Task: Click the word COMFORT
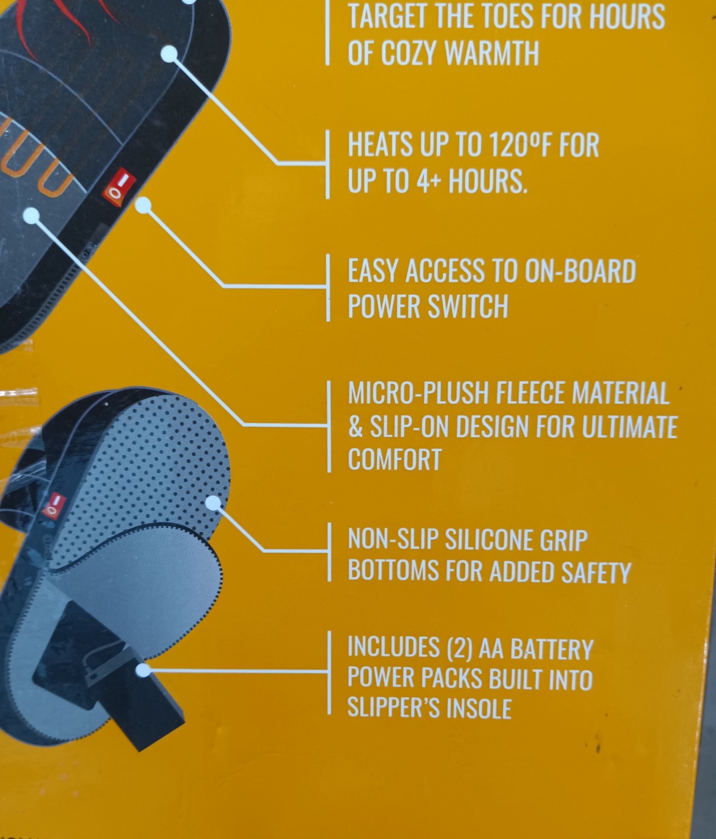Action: pos(394,459)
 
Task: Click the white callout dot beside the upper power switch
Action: pos(144,205)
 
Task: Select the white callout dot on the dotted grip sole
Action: pos(213,502)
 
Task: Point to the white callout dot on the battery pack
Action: pos(143,670)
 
